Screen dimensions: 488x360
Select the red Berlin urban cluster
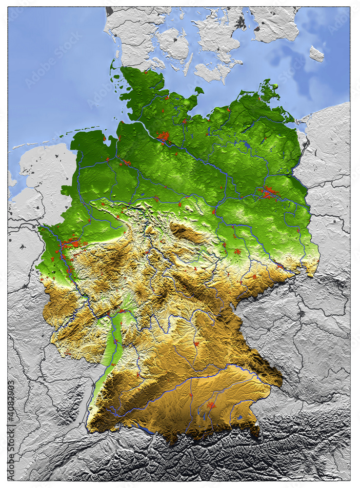coord(268,193)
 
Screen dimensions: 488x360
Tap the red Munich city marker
coord(211,405)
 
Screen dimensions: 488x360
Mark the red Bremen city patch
coord(125,162)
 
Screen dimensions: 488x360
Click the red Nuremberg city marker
coord(196,344)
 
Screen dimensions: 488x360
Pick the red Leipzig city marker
coord(238,252)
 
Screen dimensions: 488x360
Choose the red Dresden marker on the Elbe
coord(280,266)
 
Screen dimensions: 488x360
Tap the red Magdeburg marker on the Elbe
coord(214,212)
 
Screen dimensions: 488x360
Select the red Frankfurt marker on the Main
coord(121,311)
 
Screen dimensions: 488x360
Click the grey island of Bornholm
coord(316,54)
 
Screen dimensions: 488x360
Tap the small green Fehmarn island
coord(199,90)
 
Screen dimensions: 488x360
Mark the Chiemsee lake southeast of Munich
coord(240,418)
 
